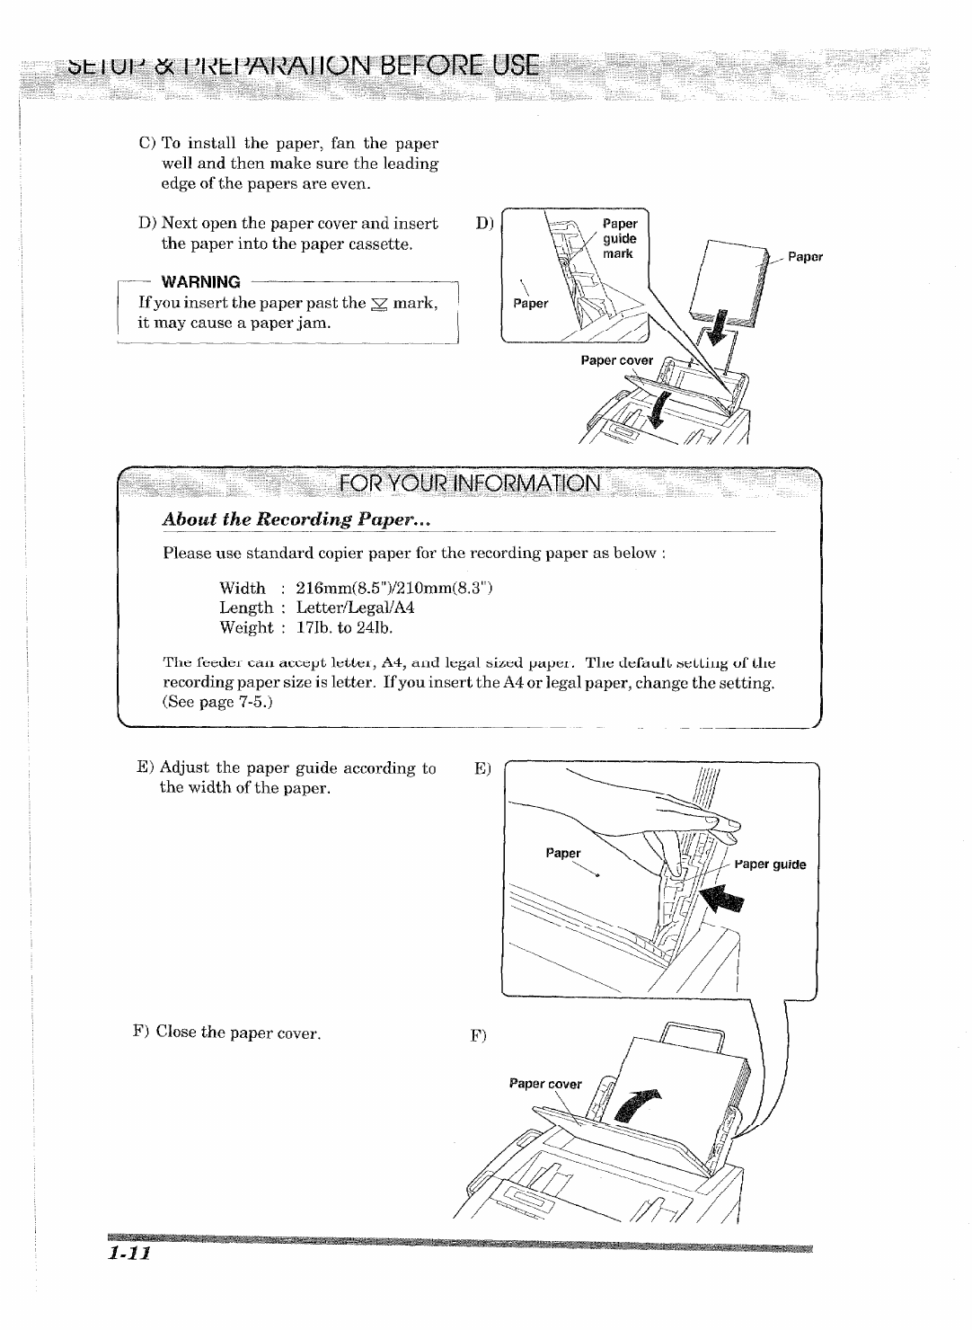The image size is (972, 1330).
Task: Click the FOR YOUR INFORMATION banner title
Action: [469, 483]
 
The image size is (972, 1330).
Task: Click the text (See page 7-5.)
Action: [217, 701]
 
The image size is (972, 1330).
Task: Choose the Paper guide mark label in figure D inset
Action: [619, 238]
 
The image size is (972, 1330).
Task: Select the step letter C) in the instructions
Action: [147, 144]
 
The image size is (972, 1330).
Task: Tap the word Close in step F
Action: [176, 1033]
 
